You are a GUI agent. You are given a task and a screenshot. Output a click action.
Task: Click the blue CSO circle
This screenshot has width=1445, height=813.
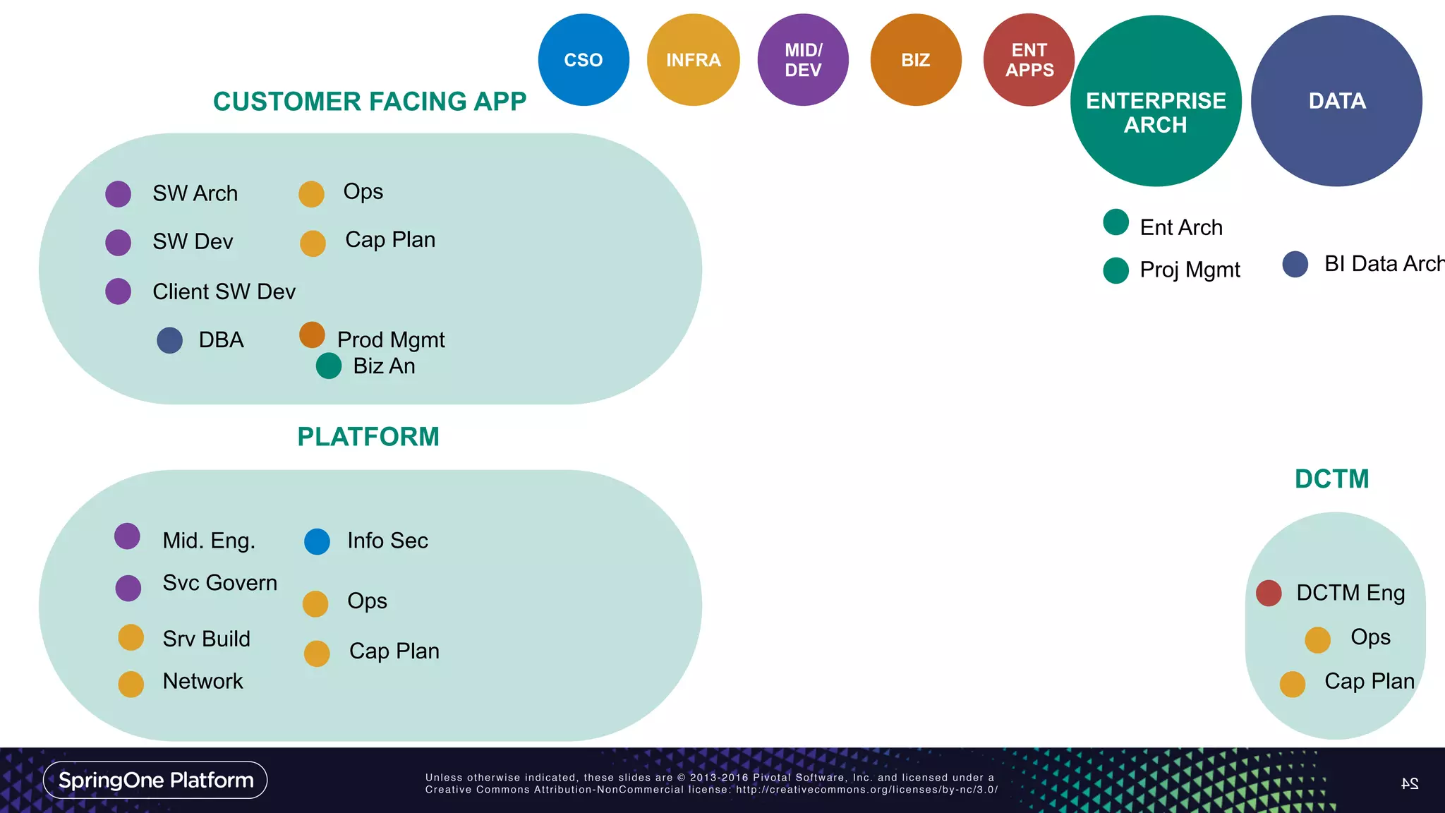(x=584, y=60)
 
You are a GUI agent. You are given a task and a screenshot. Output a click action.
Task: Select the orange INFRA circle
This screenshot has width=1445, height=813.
(x=693, y=60)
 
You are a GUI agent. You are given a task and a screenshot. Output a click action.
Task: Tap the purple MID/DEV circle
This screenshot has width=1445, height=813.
(x=803, y=60)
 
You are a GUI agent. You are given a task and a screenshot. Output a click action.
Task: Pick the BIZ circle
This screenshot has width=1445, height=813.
(x=916, y=60)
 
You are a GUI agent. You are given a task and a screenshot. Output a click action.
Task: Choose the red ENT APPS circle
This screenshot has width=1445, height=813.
(x=1029, y=60)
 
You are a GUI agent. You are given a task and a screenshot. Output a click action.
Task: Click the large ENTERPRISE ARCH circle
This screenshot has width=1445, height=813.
(x=1156, y=101)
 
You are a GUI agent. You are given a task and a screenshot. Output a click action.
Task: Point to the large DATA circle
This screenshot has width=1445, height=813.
(x=1336, y=101)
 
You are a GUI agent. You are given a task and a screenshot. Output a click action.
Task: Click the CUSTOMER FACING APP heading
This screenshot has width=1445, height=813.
(x=370, y=102)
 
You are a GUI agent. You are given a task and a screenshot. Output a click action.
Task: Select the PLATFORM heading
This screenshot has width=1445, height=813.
(x=368, y=437)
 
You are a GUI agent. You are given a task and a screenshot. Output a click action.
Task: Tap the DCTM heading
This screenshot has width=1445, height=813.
(x=1331, y=479)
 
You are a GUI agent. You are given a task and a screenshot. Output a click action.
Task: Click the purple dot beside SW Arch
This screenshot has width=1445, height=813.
(x=118, y=194)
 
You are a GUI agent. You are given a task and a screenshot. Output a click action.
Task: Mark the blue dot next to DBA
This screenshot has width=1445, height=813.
(x=169, y=340)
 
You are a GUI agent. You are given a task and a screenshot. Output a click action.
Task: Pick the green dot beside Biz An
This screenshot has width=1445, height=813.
(x=329, y=366)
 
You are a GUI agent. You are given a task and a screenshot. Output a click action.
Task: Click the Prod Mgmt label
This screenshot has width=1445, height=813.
(x=391, y=340)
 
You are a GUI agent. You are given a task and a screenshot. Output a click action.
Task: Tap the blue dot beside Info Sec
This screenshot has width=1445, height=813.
(x=317, y=541)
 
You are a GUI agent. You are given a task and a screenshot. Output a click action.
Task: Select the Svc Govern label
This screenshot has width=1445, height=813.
(x=219, y=583)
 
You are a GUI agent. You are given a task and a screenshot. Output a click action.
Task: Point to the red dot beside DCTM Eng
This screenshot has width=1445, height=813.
(x=1269, y=593)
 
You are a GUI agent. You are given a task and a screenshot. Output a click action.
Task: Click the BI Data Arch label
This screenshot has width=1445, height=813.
(x=1384, y=264)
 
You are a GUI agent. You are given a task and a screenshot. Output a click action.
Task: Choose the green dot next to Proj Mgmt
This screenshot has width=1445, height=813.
(x=1116, y=270)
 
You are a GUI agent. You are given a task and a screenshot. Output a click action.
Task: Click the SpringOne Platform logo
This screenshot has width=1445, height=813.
(x=155, y=780)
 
